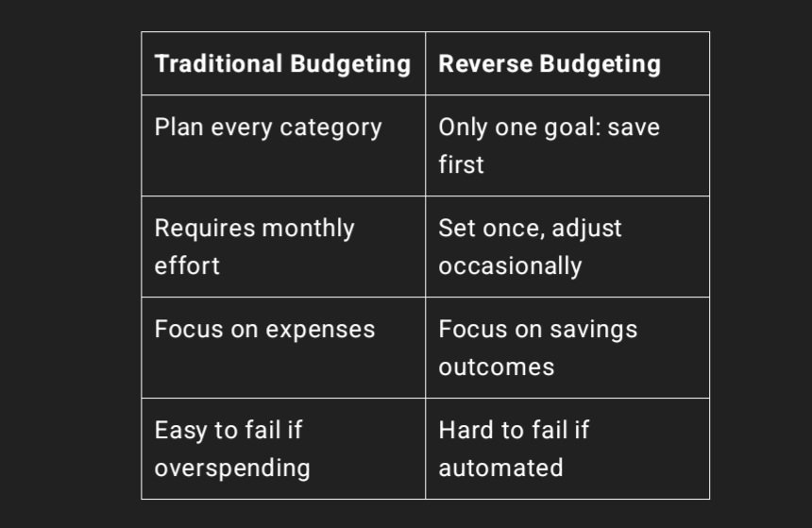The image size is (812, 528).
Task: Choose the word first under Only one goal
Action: point(461,164)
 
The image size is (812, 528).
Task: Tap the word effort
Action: point(187,265)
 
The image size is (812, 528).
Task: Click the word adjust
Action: point(586,229)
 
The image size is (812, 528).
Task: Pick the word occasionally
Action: point(510,266)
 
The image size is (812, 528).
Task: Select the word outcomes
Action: point(496,366)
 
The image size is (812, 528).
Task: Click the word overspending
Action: point(232,468)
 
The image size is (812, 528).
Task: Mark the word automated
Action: point(500,468)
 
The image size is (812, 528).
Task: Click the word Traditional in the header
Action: point(218,63)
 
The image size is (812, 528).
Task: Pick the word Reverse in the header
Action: point(485,63)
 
